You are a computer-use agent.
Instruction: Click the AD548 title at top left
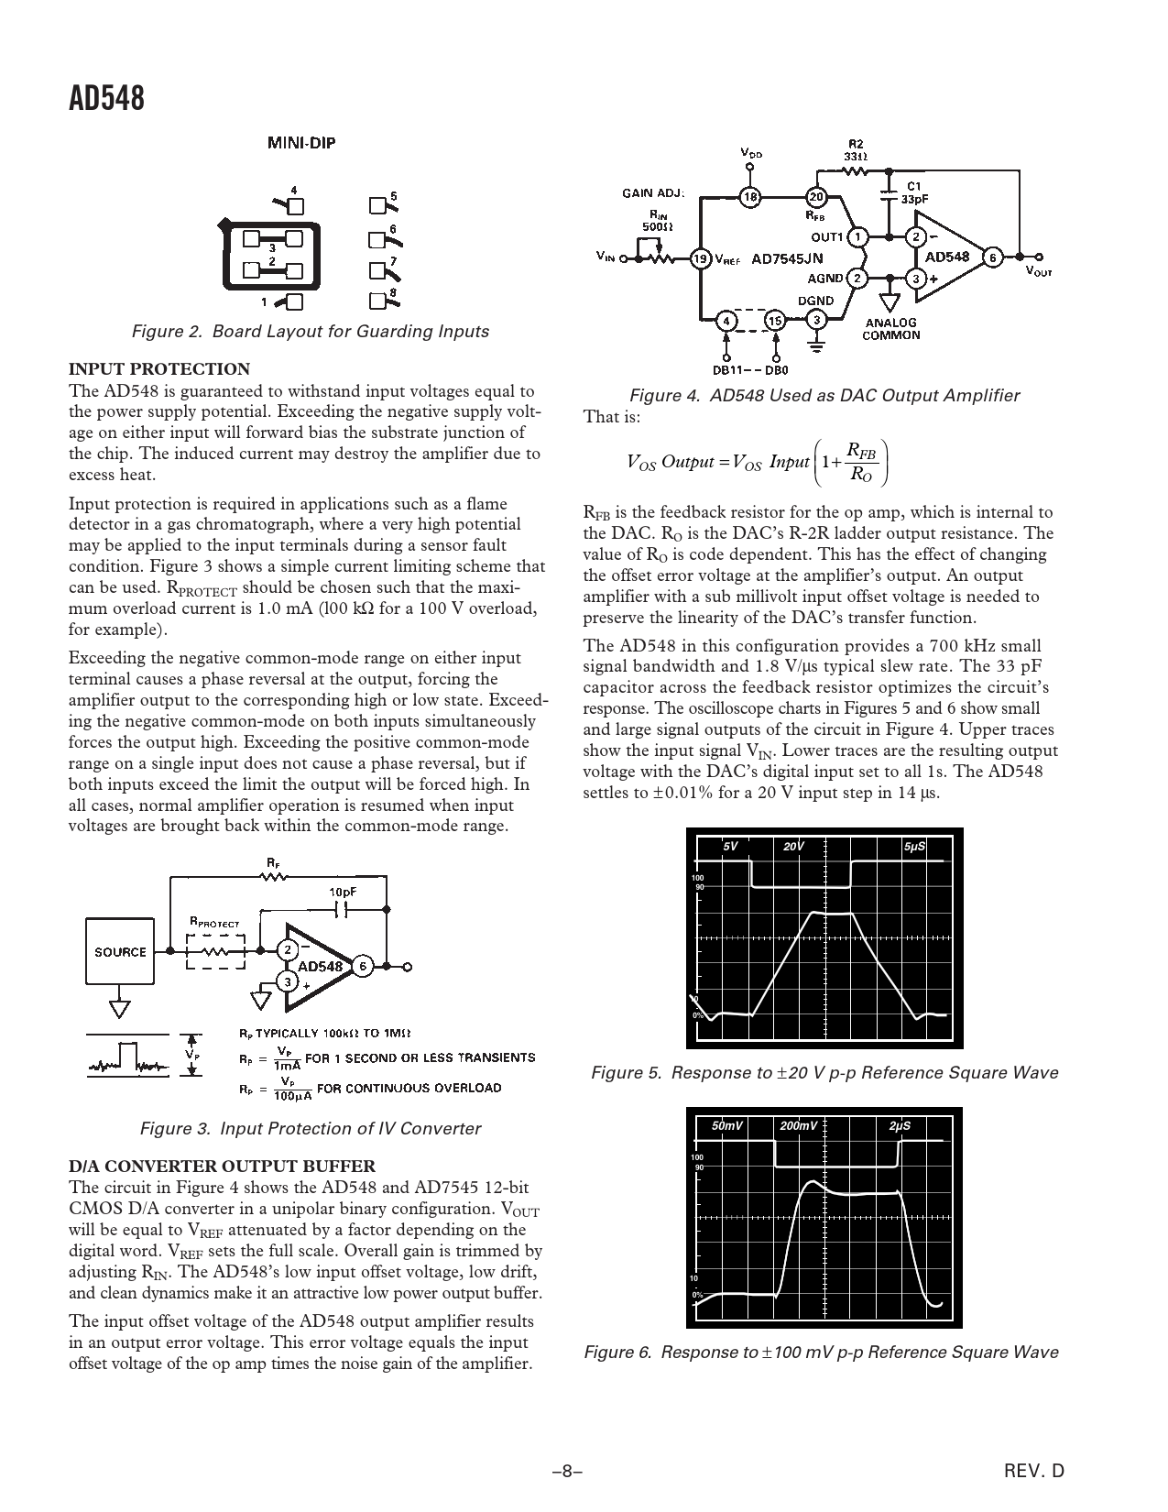point(106,98)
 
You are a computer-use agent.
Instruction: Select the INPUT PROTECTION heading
point(159,369)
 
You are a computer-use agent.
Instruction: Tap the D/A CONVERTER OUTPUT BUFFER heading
point(222,1166)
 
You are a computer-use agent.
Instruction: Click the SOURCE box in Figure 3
point(120,951)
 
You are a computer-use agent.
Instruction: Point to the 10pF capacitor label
point(343,891)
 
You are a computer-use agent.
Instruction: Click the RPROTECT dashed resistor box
point(215,951)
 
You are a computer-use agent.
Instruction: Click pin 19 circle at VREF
point(701,258)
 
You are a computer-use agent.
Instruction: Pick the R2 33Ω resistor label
point(854,149)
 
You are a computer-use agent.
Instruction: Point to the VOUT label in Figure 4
point(1038,272)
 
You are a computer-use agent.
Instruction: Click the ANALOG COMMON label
point(893,328)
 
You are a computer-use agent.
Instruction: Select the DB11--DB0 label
point(749,371)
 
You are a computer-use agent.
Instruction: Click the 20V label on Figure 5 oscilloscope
point(793,847)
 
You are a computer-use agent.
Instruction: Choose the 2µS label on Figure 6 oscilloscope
point(900,1125)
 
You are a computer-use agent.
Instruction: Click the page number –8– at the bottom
point(567,1472)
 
